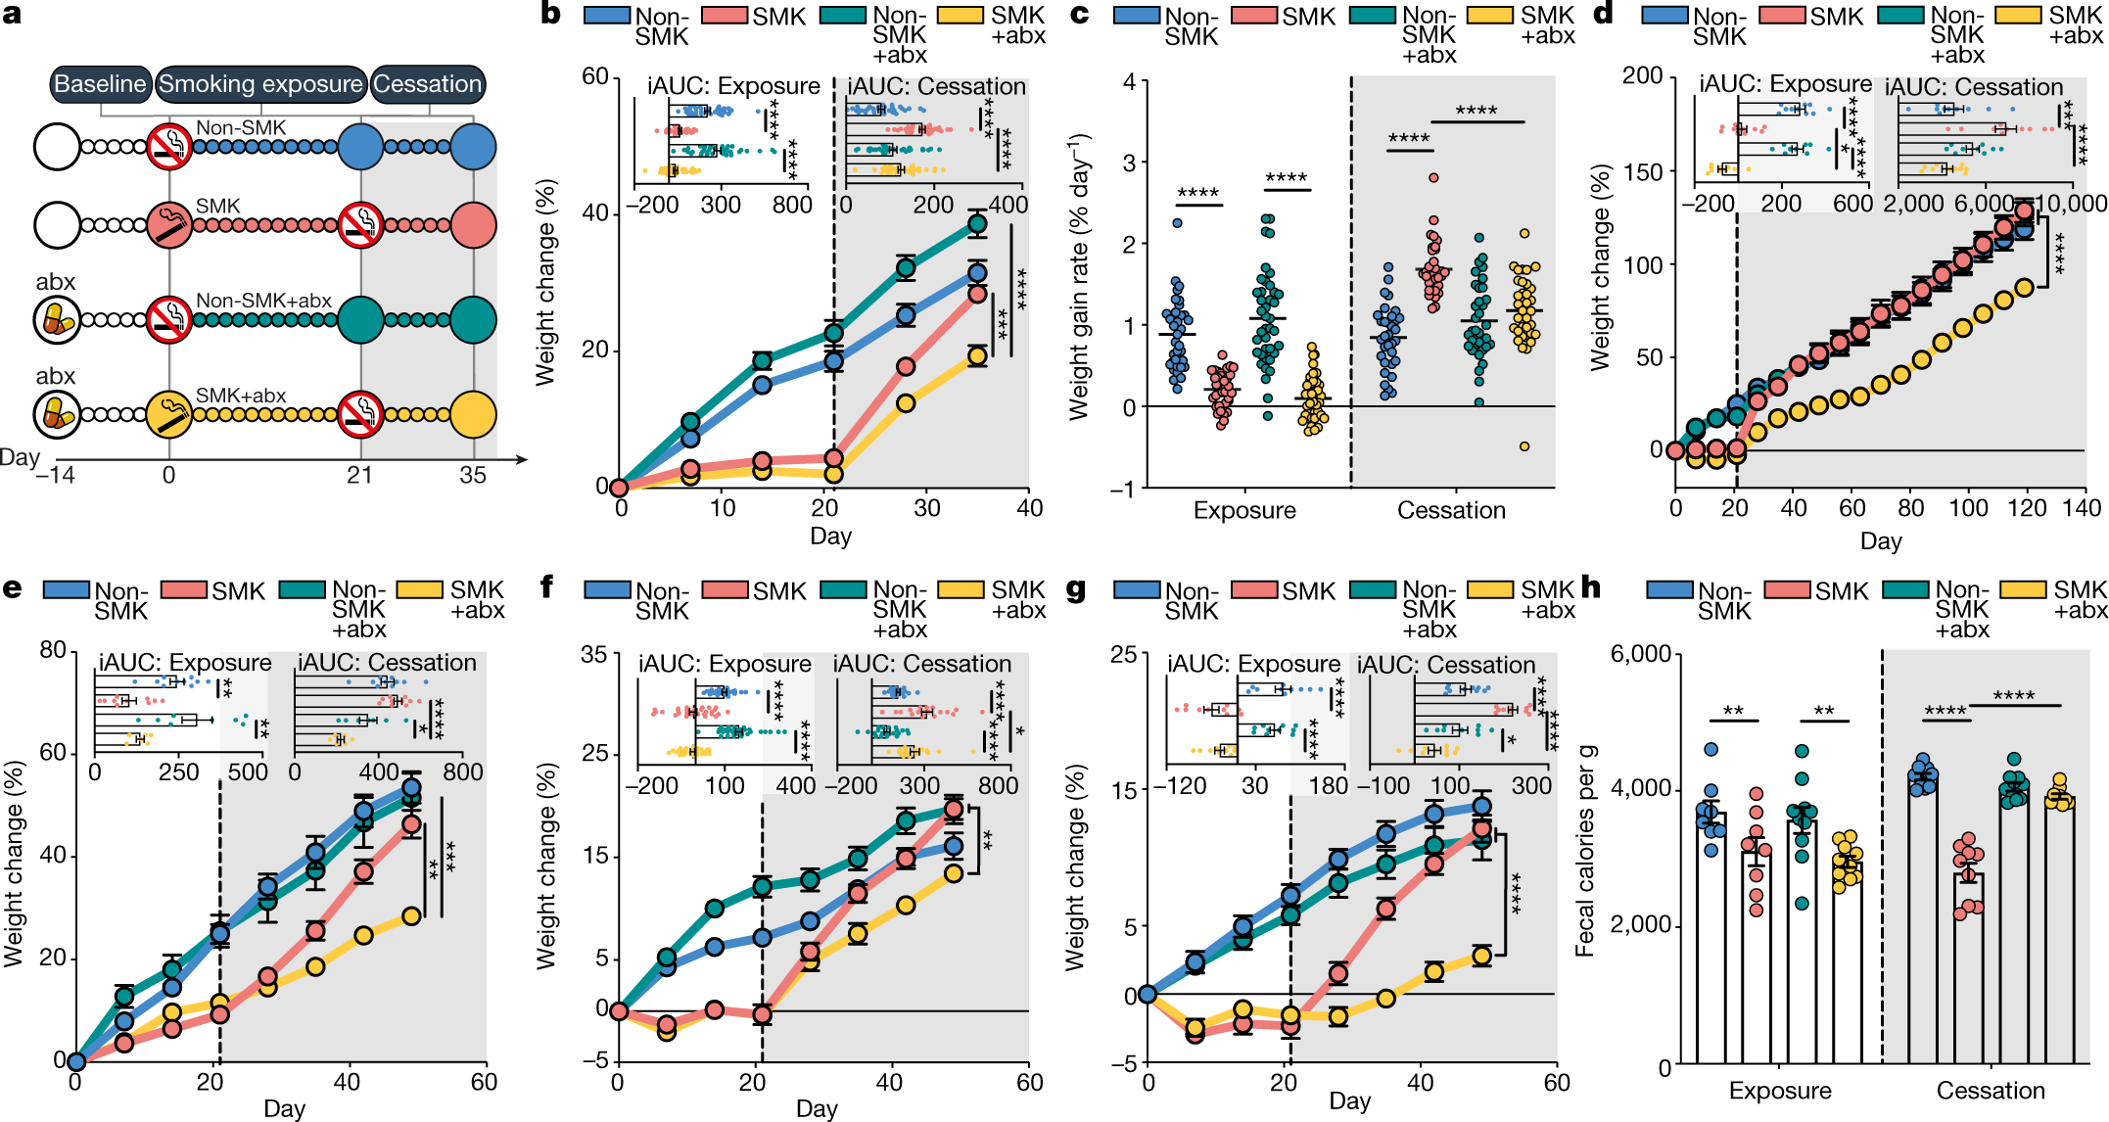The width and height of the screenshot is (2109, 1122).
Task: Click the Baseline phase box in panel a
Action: [100, 84]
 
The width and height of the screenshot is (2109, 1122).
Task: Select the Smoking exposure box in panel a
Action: [260, 84]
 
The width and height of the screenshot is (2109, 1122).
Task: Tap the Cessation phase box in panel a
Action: [428, 84]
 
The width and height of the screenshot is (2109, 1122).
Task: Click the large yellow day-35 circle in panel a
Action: [474, 414]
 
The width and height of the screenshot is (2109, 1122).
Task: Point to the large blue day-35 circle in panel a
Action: [474, 147]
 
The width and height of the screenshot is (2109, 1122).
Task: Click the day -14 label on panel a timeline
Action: [55, 476]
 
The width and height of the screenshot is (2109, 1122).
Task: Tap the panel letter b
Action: [551, 15]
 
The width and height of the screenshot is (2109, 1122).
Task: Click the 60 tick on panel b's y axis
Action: [595, 77]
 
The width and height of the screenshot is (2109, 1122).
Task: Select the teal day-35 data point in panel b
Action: [977, 224]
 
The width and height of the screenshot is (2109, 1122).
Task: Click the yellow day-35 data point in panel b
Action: [977, 356]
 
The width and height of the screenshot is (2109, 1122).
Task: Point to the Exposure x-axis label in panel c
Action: [1244, 510]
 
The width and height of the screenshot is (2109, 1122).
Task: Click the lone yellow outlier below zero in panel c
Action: [1524, 446]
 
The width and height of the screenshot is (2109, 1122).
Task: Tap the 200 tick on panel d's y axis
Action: [1642, 76]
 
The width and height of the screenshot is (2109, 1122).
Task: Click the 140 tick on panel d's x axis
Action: [2082, 508]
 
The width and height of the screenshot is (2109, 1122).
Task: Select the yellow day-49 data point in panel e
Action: [412, 916]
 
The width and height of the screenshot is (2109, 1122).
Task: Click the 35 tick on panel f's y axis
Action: [594, 654]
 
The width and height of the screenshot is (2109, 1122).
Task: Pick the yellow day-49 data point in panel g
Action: [1481, 957]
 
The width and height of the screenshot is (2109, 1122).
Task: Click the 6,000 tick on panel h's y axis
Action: [1640, 654]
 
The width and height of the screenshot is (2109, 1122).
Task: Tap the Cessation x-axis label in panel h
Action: [1991, 1091]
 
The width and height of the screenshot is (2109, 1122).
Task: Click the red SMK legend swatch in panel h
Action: [1788, 590]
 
